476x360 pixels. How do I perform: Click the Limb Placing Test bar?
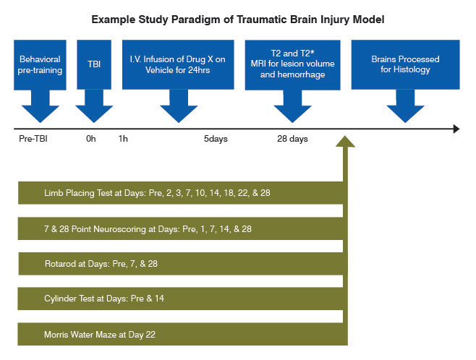(x=181, y=193)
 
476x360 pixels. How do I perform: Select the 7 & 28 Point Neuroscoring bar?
(x=181, y=228)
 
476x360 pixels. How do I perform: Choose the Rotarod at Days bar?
(x=181, y=264)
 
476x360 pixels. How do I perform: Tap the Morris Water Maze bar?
(x=181, y=334)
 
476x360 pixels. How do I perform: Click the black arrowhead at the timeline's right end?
(x=455, y=129)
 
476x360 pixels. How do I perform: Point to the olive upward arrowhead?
(x=347, y=142)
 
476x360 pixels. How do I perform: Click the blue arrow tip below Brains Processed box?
(x=405, y=116)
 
